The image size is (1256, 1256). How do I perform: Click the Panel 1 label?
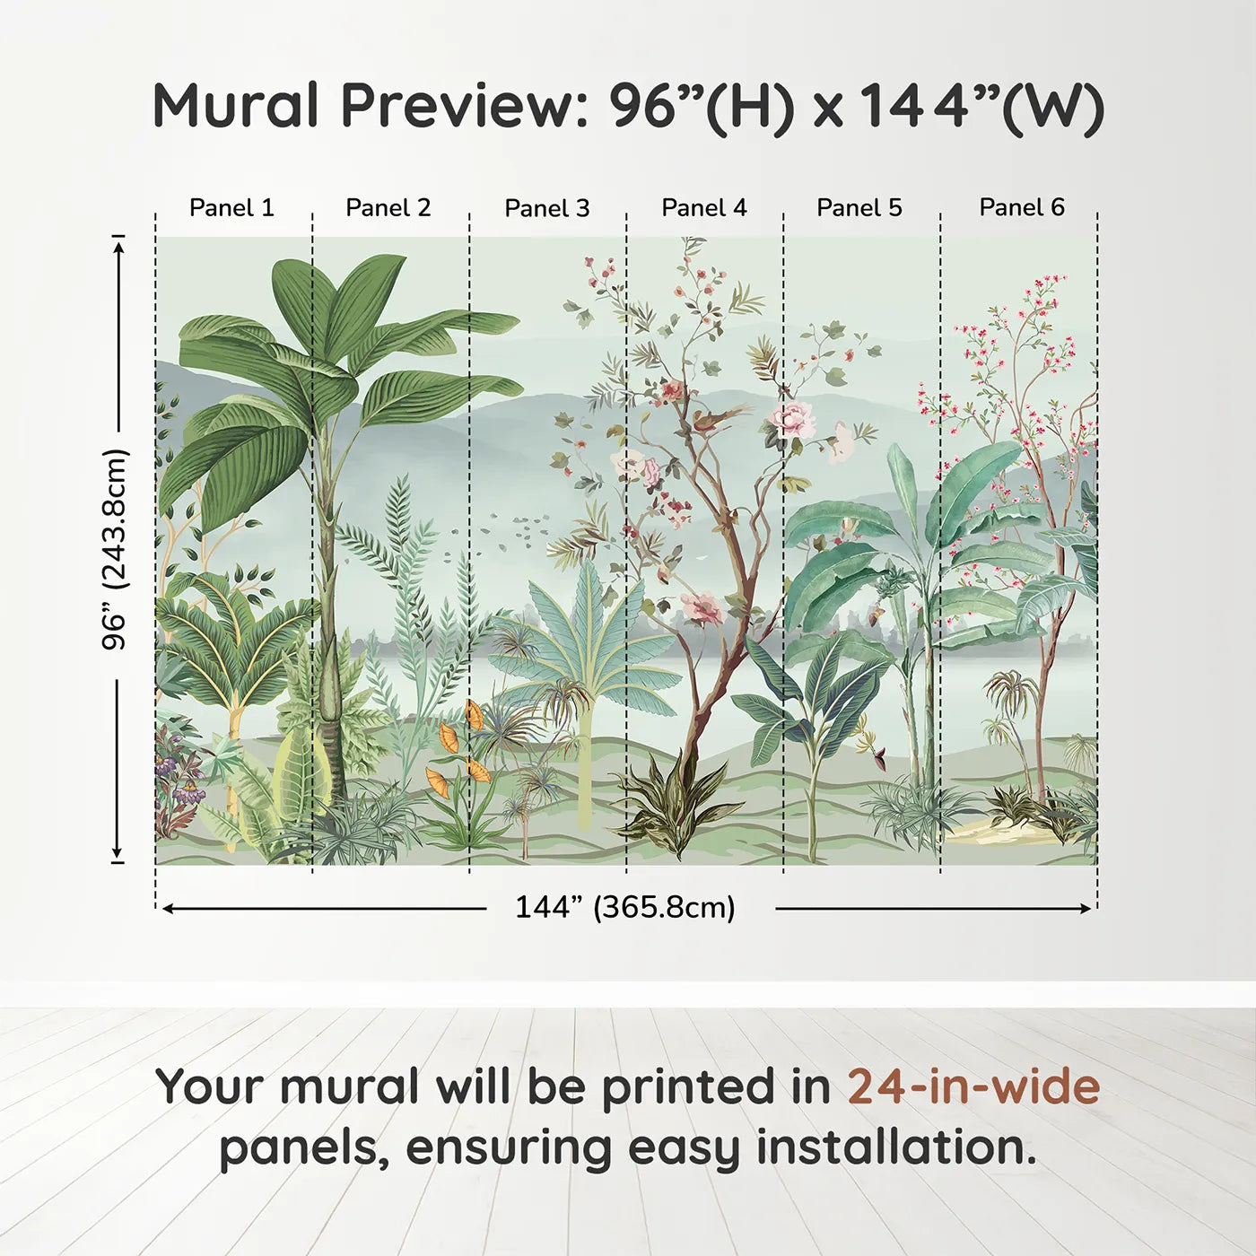[x=231, y=208]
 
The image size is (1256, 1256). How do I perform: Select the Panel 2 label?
[x=388, y=208]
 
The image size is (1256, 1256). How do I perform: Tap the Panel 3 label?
[x=547, y=208]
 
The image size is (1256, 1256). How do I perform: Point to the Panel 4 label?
[x=704, y=208]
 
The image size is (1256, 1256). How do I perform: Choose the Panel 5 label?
[x=859, y=208]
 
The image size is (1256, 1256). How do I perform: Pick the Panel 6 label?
[x=1022, y=207]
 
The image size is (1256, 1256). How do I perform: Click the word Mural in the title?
[x=236, y=106]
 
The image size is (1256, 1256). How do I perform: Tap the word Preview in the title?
[x=465, y=106]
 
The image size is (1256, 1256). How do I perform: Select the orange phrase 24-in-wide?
[x=973, y=1086]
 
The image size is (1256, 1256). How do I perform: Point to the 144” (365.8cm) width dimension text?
[x=625, y=907]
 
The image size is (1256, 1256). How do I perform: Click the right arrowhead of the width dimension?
[x=1085, y=909]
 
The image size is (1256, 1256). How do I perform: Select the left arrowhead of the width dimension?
[x=169, y=909]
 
